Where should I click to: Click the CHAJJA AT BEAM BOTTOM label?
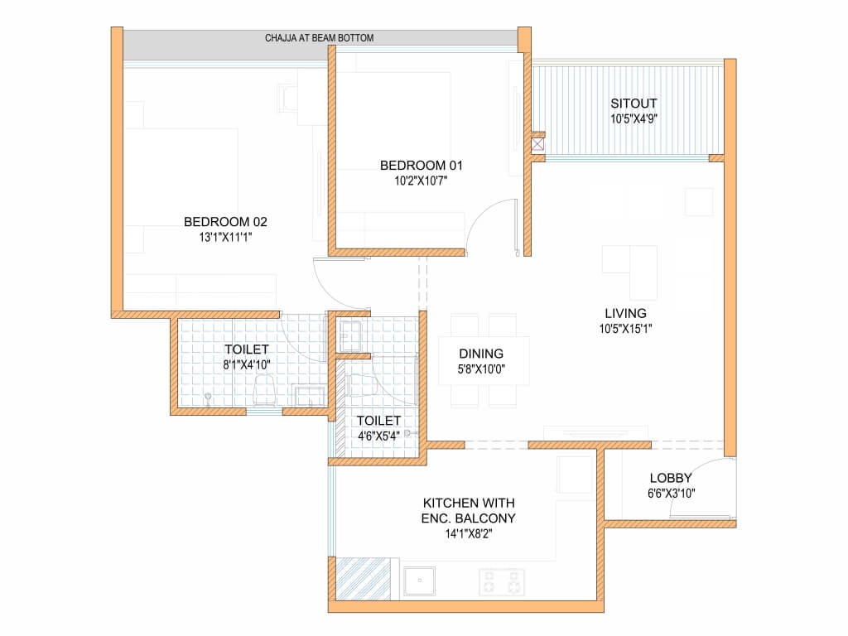[x=319, y=38]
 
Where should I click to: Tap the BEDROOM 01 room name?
[x=422, y=165]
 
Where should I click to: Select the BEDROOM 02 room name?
[x=225, y=222]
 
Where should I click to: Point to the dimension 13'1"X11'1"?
[x=225, y=237]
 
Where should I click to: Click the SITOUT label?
[x=634, y=104]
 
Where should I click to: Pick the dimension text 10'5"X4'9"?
[x=634, y=119]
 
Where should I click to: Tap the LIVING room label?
[x=626, y=313]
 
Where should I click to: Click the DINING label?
[x=481, y=354]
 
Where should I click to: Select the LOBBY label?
[x=671, y=478]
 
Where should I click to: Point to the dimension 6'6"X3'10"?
[x=671, y=494]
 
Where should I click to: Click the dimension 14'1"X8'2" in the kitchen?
[x=469, y=534]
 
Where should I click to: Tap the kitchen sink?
[x=420, y=581]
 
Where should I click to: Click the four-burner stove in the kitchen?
[x=501, y=582]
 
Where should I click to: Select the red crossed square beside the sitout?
[x=537, y=144]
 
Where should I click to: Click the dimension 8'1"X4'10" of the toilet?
[x=247, y=365]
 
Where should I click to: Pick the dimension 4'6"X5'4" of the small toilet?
[x=378, y=436]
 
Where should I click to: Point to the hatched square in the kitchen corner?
[x=363, y=579]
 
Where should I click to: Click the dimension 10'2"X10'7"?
[x=422, y=181]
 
